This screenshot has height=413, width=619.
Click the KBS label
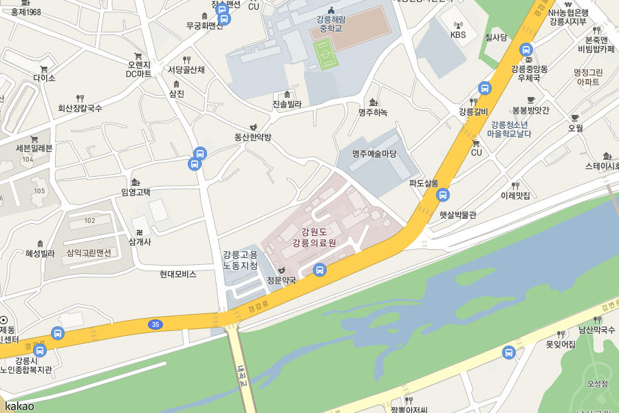click(x=458, y=34)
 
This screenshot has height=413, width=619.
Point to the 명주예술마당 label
click(x=374, y=153)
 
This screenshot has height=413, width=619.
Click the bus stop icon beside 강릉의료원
click(x=319, y=270)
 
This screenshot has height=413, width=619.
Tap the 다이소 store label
click(x=44, y=78)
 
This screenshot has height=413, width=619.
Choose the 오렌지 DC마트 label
click(x=138, y=69)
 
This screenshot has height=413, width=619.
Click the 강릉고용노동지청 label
click(x=240, y=260)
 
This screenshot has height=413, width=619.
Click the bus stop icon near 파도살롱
click(x=443, y=195)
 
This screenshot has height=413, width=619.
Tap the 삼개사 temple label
click(x=140, y=242)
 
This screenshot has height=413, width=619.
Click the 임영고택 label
click(x=135, y=192)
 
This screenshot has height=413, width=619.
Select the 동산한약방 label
click(x=252, y=137)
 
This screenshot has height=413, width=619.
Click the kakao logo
click(x=19, y=405)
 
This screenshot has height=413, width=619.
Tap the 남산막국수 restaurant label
click(x=596, y=330)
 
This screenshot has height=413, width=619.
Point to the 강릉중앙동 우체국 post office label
click(x=529, y=74)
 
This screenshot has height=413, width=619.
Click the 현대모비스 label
click(x=178, y=274)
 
